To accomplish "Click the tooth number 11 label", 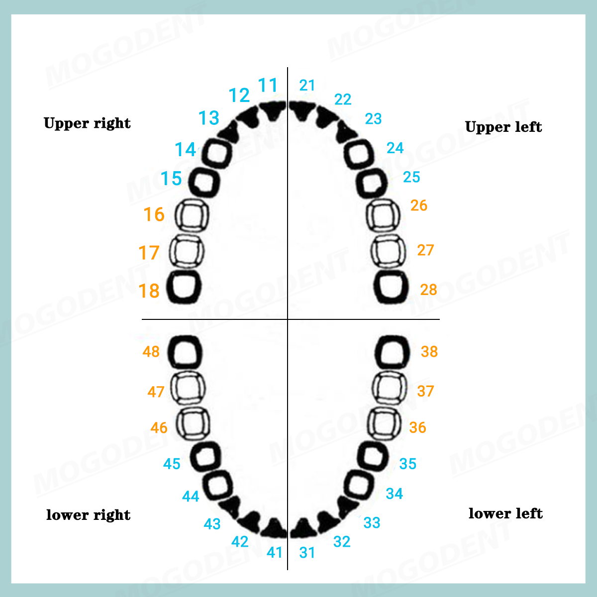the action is (267, 85).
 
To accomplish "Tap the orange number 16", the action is (154, 214).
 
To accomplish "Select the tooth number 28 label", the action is (428, 290).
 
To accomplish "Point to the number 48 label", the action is (151, 352).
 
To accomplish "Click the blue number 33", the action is (372, 523).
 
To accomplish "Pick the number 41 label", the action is (275, 552).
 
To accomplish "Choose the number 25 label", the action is (411, 177).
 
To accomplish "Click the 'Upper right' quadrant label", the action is (87, 123).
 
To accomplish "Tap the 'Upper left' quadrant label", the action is (503, 127).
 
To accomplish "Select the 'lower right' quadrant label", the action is (88, 515).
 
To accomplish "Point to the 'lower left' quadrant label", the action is (505, 513).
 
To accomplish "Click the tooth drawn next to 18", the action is (168, 287).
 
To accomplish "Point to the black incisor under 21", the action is (301, 110).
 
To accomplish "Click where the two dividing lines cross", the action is (288, 319).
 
